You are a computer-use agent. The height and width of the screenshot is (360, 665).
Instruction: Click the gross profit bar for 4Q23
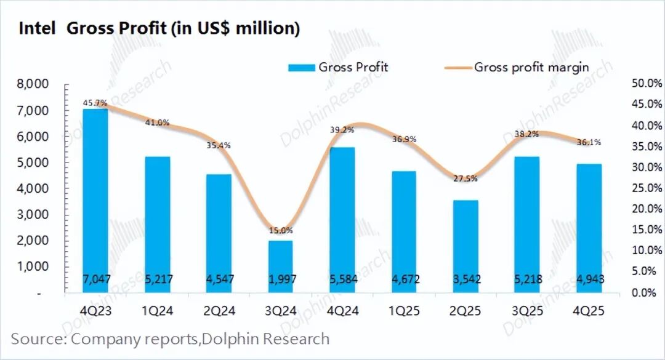tap(95, 197)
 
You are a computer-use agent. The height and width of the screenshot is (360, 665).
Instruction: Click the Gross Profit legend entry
tap(338, 67)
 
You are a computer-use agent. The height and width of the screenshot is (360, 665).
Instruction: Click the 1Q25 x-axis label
tap(404, 311)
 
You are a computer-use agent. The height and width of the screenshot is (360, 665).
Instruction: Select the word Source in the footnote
tap(38, 339)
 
